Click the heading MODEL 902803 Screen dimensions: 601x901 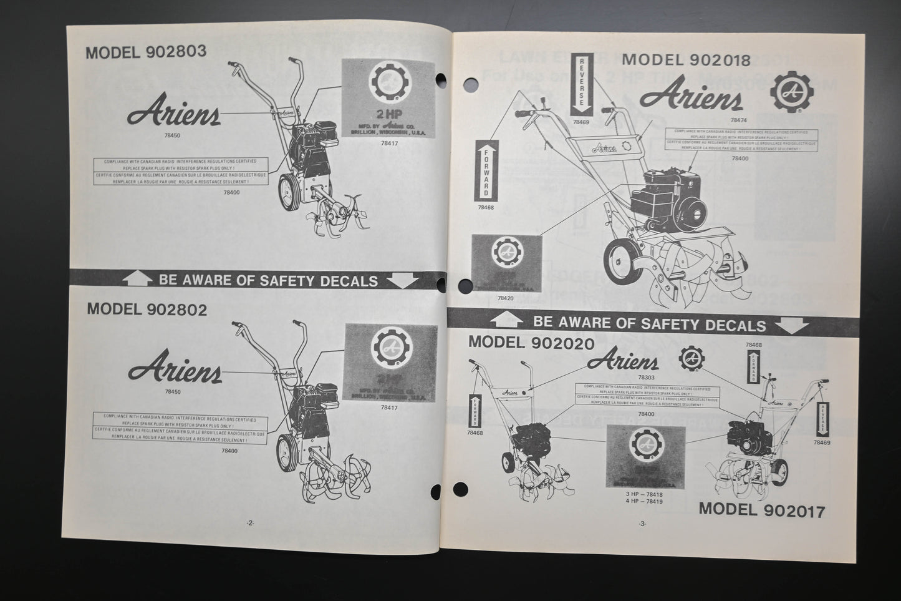pos(146,52)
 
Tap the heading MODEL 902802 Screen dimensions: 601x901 pos(147,309)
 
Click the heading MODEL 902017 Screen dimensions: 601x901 pos(761,510)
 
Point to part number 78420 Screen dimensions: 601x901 pos(506,298)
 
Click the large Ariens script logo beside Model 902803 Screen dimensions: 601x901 pos(173,113)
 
